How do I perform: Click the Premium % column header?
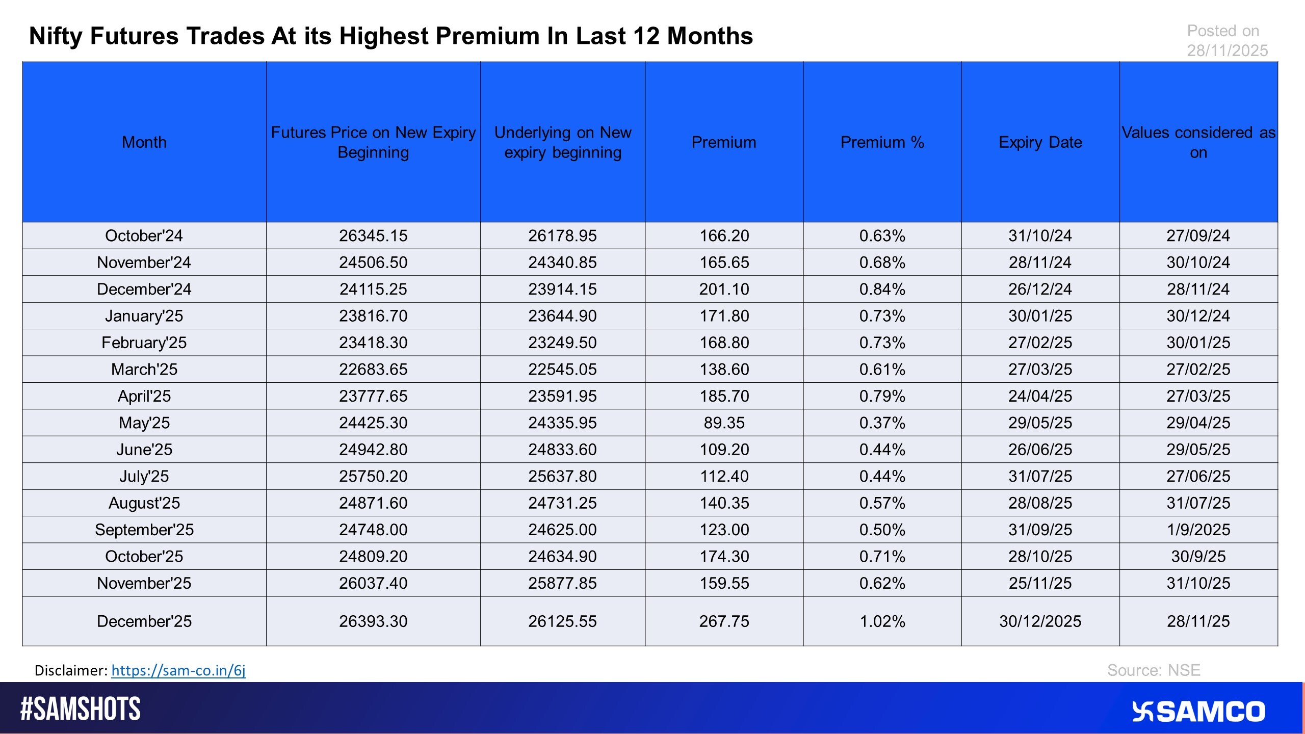tap(882, 142)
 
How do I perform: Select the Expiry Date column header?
tap(1040, 142)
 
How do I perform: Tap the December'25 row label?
tap(144, 621)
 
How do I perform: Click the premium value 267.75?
tap(724, 621)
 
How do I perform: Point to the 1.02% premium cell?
tap(882, 621)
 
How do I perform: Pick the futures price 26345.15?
tap(373, 235)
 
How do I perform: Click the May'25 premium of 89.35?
tap(724, 423)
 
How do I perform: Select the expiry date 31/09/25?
tap(1040, 530)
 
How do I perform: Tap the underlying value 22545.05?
tap(562, 369)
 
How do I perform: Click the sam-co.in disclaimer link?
tap(178, 670)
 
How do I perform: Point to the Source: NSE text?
tap(1153, 670)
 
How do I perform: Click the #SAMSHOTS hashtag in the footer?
tap(81, 709)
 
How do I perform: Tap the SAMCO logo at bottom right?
tap(1198, 712)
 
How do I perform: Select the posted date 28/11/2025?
tap(1227, 50)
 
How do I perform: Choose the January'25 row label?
tap(144, 316)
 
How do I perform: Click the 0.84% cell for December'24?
tap(882, 289)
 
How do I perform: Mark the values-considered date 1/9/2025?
tap(1198, 530)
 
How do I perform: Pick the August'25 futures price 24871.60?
tap(373, 503)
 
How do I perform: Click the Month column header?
tap(144, 142)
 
